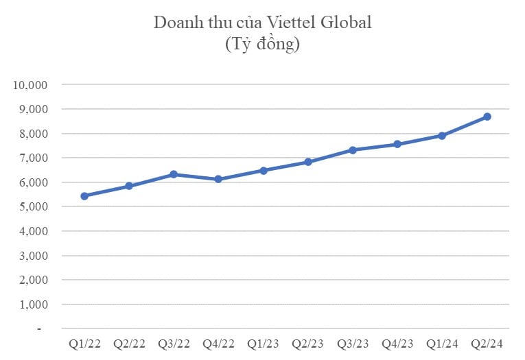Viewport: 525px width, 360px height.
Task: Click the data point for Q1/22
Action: coord(84,196)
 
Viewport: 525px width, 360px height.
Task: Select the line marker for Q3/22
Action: coord(174,174)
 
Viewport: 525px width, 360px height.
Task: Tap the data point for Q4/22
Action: coord(218,179)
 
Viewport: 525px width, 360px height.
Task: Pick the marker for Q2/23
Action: coord(308,162)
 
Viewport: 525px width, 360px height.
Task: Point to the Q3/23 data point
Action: coord(353,149)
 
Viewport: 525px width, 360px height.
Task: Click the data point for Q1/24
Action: coord(442,136)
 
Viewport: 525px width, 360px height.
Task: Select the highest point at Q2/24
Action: coord(487,117)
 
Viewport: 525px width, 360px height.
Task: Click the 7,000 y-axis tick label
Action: coord(31,158)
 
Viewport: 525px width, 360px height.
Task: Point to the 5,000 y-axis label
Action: coord(31,207)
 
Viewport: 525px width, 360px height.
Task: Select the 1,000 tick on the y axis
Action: coord(31,304)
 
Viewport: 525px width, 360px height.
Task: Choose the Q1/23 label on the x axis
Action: coord(264,343)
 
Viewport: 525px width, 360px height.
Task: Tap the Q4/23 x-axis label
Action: coord(397,343)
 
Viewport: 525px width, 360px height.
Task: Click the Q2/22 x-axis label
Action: coord(129,343)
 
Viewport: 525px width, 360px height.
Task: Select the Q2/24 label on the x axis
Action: coord(487,343)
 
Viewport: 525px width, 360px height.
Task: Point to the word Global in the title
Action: coord(347,22)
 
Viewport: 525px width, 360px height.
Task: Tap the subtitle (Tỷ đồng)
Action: coord(262,45)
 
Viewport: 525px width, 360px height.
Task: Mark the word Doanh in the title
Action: coord(176,22)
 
